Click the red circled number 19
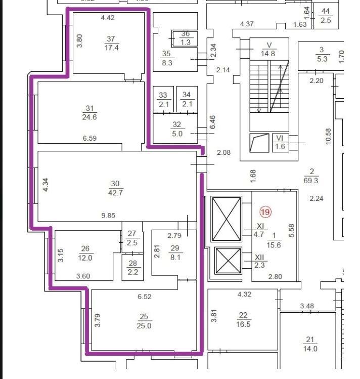point(265,212)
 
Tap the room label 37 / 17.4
point(111,44)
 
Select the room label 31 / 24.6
point(89,113)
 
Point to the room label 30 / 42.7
point(115,188)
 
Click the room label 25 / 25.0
point(144,321)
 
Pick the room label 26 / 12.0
point(85,253)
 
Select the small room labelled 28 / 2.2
point(132,267)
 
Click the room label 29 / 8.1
point(175,252)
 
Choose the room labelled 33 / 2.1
point(163,99)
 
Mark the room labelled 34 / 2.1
point(187,99)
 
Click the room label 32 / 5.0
point(177,129)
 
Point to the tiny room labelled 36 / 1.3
point(185,38)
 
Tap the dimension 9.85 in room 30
point(108,216)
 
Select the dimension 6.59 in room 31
point(89,138)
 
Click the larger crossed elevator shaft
point(226,219)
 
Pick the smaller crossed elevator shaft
point(228,261)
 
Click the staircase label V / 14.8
point(268,49)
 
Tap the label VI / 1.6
point(280,142)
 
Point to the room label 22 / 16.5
point(243,319)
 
